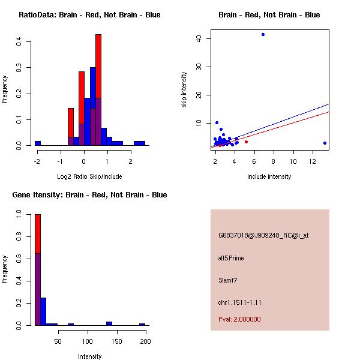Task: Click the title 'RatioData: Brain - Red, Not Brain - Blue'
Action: coord(89,14)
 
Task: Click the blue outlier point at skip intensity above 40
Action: coord(263,34)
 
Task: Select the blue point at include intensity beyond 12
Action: coord(325,143)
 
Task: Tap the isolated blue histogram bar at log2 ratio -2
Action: coord(38,143)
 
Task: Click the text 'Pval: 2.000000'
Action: coord(239,319)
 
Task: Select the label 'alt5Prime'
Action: coord(231,258)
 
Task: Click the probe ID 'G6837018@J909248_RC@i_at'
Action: coord(263,235)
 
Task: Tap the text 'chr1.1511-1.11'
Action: coord(239,302)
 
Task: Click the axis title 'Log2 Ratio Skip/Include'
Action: coord(89,177)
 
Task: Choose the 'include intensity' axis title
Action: coord(269,176)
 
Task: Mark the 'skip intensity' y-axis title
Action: coord(185,90)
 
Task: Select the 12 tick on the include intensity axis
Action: coord(313,161)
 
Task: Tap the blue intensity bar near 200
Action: coord(142,324)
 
